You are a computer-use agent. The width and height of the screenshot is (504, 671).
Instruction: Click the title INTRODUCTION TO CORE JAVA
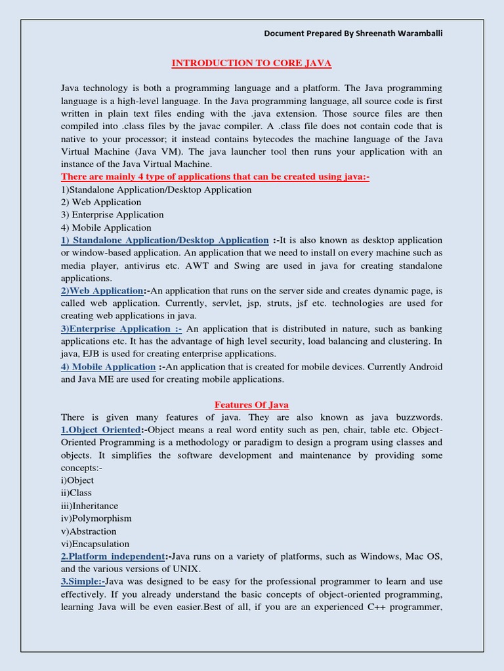coord(251,64)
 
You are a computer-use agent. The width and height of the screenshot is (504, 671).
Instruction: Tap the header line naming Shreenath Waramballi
coord(353,33)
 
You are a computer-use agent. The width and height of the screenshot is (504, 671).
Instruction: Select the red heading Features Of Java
coord(252,405)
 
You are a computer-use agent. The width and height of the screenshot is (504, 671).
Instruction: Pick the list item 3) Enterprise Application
coord(112,215)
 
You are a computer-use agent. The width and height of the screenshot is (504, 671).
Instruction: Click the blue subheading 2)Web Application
coord(102,291)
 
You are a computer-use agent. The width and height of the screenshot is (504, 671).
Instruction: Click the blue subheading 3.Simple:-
coord(83,581)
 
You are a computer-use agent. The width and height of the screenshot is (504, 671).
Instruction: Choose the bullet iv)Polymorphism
coord(96,518)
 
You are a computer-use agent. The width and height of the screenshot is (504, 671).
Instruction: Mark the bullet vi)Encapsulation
coord(95,544)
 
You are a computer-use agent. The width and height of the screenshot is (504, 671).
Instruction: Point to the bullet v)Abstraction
coord(89,531)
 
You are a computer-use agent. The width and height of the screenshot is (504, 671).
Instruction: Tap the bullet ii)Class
coord(76,493)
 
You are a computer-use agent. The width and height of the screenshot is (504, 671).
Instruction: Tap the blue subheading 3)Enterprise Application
coord(121,329)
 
